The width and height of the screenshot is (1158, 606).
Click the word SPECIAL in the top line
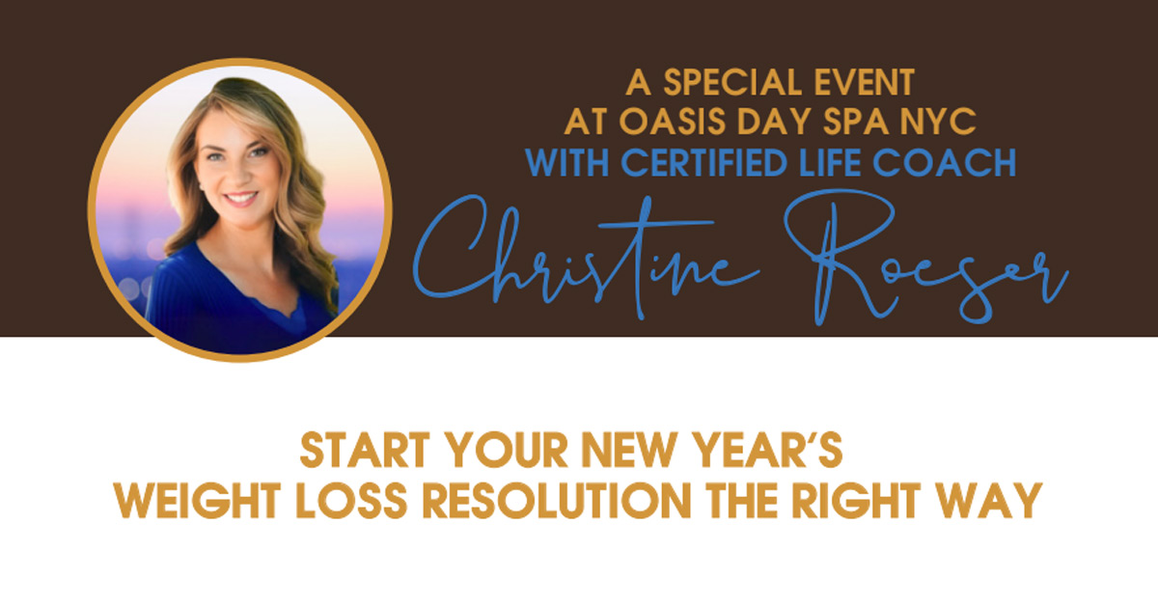click(x=732, y=82)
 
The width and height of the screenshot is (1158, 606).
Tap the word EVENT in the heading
click(x=865, y=82)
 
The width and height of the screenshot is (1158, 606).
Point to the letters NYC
click(x=938, y=122)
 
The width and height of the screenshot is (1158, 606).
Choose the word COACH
click(x=944, y=163)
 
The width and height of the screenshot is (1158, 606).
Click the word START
click(x=365, y=451)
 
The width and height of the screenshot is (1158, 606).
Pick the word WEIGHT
click(x=198, y=501)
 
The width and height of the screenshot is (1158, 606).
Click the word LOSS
click(x=351, y=501)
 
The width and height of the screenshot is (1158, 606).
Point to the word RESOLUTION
click(x=558, y=501)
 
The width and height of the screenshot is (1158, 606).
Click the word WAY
click(x=989, y=501)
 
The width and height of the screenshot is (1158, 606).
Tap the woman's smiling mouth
click(x=241, y=199)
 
